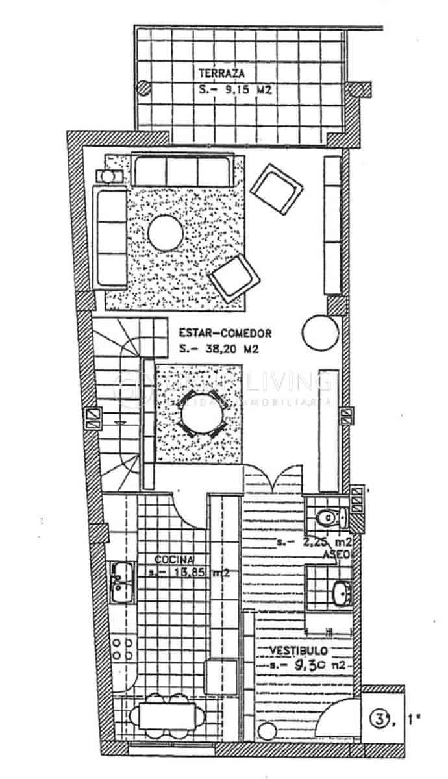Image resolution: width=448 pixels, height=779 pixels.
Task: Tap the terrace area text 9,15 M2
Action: click(234, 92)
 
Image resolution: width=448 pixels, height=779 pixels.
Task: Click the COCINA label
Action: click(172, 559)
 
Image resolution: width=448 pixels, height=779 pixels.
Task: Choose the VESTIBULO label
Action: click(299, 650)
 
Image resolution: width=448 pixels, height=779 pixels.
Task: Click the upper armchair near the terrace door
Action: click(277, 184)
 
